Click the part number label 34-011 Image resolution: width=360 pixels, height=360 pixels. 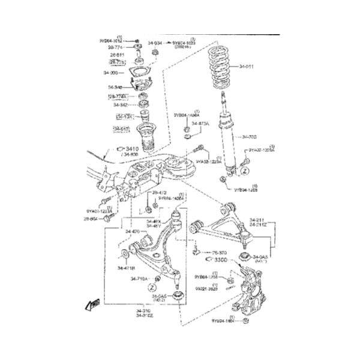[248, 66]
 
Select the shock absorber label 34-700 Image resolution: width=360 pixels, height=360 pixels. [249, 136]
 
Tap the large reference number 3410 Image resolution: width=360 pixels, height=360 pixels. [131, 148]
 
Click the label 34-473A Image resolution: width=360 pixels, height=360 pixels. [200, 124]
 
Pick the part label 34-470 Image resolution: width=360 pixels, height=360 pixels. [132, 231]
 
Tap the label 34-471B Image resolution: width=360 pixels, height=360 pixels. [126, 268]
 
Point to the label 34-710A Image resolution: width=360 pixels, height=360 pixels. [139, 278]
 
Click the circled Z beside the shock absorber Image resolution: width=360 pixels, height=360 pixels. [244, 170]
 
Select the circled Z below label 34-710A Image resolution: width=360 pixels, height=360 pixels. [152, 288]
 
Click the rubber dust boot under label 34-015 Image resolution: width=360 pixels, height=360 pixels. [145, 138]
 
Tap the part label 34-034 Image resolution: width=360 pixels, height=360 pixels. [155, 43]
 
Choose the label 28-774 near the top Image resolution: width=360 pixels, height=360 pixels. [116, 46]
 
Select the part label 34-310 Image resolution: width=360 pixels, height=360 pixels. [145, 310]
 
